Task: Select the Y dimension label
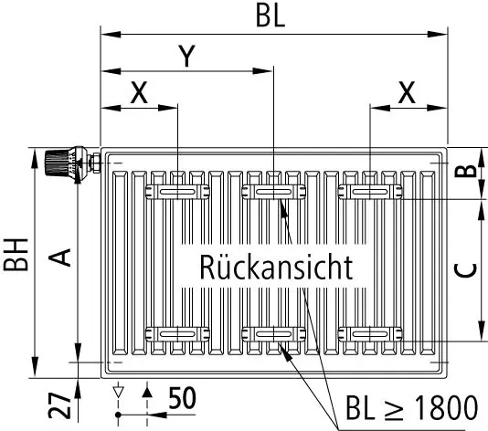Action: [x=186, y=57]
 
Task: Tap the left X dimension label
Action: [x=139, y=92]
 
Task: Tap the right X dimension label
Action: [x=407, y=92]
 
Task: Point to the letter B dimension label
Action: [x=465, y=171]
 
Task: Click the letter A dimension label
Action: [x=60, y=258]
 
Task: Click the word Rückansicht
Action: [x=276, y=268]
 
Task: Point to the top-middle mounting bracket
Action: [x=273, y=192]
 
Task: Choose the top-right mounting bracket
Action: [x=370, y=192]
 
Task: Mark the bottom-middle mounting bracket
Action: [x=273, y=335]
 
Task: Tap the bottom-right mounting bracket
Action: [x=370, y=335]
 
